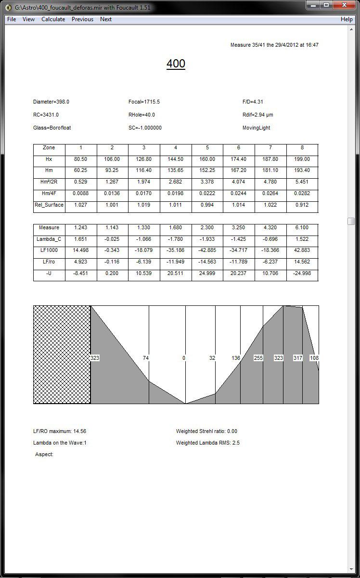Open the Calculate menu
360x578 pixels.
53,19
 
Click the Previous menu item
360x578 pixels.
82,19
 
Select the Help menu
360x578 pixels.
347,19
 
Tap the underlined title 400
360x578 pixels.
176,64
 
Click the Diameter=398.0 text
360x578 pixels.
51,102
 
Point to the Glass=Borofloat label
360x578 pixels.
52,128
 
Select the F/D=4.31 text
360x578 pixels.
253,102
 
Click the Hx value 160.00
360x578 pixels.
207,159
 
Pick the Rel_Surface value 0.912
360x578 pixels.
302,205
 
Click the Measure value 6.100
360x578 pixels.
302,228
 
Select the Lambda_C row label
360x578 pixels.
49,239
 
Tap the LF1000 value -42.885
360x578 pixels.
207,250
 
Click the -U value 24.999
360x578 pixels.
207,273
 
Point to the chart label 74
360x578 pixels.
146,358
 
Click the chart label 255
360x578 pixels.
258,358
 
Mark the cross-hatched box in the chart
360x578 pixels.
62,355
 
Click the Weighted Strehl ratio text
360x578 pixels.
206,432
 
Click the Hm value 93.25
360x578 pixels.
112,171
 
